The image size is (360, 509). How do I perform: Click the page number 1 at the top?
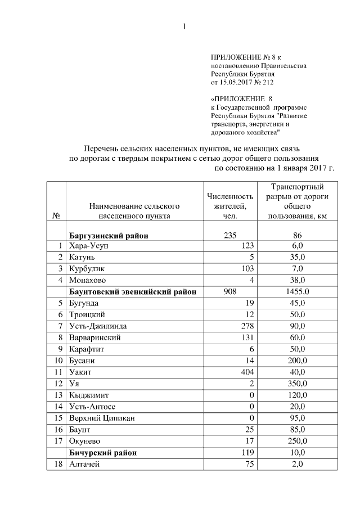coord(183,26)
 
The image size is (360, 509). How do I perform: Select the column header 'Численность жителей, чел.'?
coord(231,205)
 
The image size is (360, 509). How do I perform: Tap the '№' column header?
coord(56,215)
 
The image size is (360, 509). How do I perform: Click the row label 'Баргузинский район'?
coord(109,236)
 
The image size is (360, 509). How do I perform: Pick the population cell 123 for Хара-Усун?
coord(248,246)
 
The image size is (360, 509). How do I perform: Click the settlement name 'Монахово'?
coord(87,280)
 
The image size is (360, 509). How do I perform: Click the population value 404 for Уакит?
coord(248,372)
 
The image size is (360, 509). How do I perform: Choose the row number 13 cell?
coord(57,395)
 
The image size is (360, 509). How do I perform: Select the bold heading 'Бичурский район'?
coord(103,452)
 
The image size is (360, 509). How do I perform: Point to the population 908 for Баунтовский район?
coord(231,292)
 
